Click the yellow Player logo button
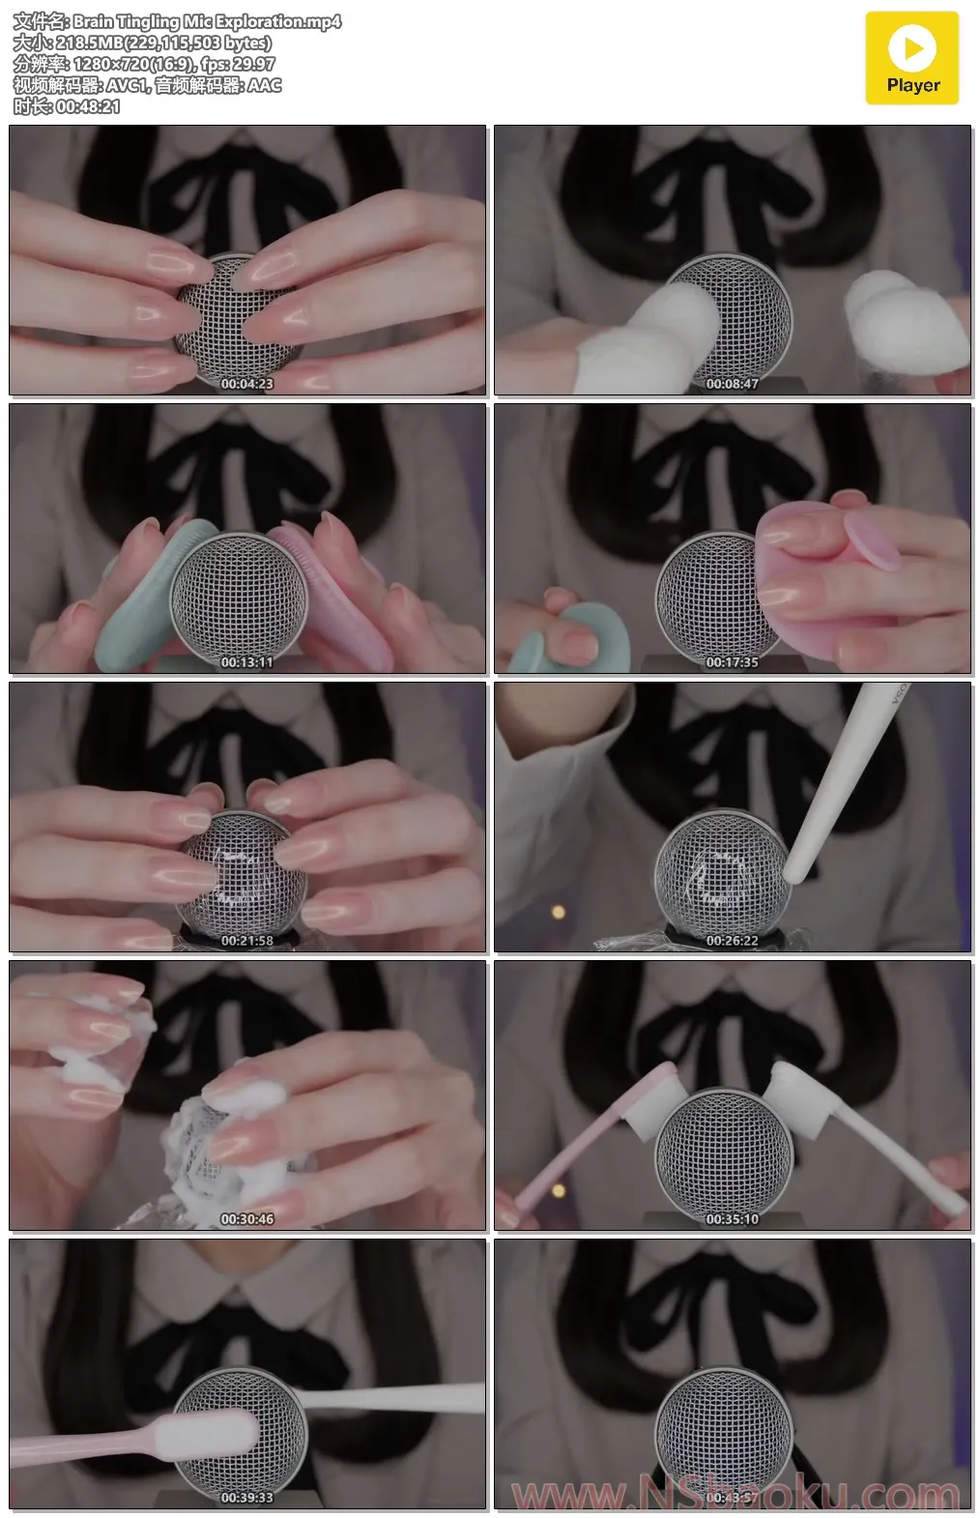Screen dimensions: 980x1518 tap(911, 58)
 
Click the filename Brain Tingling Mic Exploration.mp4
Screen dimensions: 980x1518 tap(207, 21)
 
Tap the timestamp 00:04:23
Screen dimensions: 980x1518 tap(247, 384)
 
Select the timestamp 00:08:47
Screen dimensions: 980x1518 tap(733, 384)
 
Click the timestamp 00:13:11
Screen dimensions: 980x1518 tap(247, 662)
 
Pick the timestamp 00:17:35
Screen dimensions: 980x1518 tap(733, 662)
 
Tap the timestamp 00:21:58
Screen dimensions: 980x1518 tap(247, 941)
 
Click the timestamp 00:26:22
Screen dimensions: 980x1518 tap(733, 941)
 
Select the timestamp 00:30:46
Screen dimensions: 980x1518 tap(247, 1219)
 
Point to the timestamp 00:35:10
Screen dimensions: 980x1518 tap(733, 1219)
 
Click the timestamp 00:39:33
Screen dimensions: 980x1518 tap(247, 1498)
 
